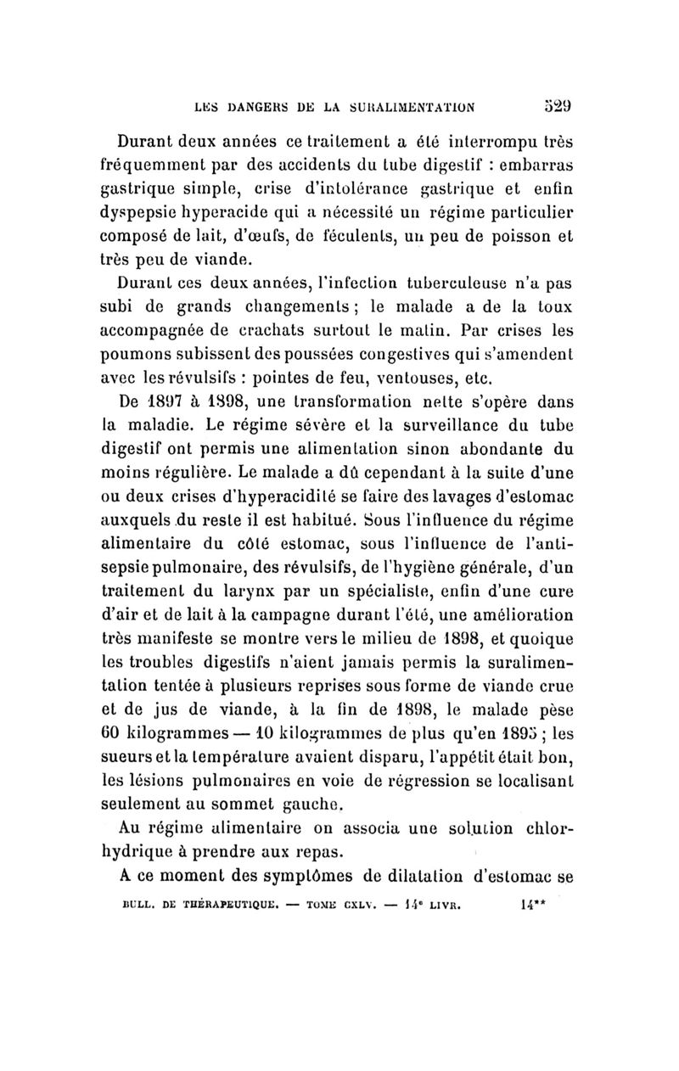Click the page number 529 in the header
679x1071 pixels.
pyautogui.click(x=565, y=107)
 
